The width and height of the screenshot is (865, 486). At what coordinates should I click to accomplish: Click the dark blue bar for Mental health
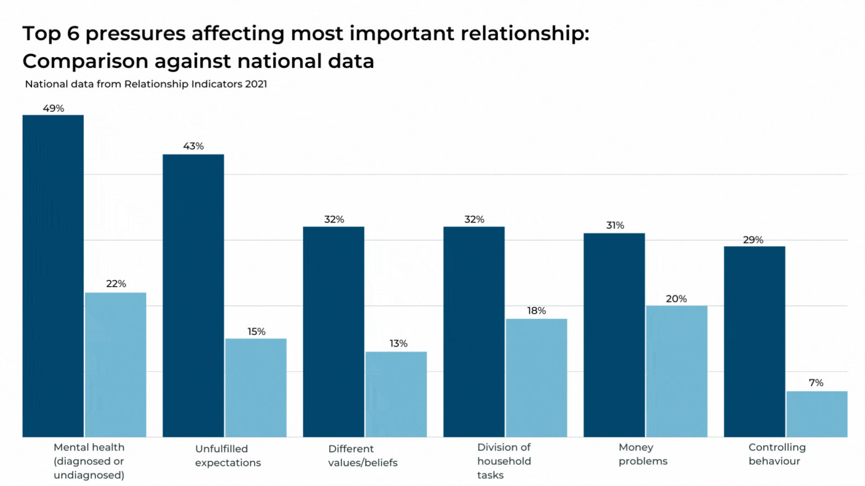coord(53,275)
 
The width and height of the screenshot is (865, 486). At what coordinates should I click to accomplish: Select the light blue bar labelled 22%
coord(116,364)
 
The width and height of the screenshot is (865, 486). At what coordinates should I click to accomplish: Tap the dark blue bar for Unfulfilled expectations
coord(193,295)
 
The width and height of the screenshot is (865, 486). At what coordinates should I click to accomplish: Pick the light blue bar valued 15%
coord(256,388)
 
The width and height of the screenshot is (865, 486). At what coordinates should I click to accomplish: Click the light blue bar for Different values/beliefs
coord(396,394)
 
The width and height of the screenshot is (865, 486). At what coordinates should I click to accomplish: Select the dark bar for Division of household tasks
coord(474,332)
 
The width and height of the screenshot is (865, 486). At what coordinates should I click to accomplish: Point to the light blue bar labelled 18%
coord(536,377)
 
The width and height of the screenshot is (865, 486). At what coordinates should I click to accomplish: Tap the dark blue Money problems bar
coord(614,335)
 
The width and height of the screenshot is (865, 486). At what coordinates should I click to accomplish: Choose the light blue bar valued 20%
coord(676,371)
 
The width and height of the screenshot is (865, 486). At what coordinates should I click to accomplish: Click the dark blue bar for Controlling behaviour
coord(754,341)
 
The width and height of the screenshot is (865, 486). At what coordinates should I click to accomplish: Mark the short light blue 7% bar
coord(816,414)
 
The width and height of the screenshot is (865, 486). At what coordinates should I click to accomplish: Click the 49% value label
coord(54,109)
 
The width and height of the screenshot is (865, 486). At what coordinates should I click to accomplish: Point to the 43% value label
coord(194,146)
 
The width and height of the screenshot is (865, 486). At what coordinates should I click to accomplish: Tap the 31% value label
coord(615,225)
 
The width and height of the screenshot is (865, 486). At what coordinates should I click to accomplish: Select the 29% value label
coord(753,240)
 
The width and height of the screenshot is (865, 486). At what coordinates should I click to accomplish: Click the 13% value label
coord(398,343)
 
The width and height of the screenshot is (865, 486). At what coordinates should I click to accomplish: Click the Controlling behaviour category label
coord(776,454)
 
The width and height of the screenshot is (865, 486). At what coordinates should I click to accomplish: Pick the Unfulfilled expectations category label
coord(228,456)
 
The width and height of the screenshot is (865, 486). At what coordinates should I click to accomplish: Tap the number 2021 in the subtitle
coord(256,84)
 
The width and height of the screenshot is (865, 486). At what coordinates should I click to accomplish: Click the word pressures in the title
coord(135,33)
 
